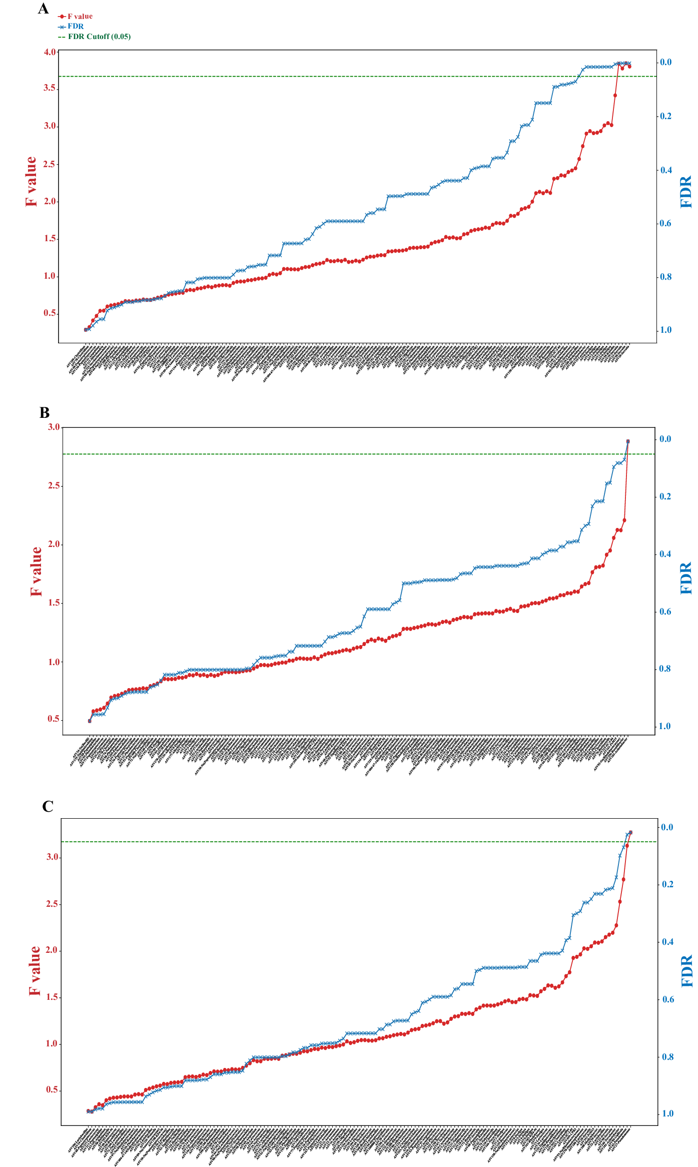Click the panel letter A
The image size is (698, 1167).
44,9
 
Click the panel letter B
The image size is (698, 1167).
45,413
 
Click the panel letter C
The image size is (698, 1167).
48,807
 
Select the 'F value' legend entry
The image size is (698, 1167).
80,17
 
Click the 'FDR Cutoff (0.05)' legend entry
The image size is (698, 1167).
99,37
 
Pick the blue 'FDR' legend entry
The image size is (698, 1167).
76,27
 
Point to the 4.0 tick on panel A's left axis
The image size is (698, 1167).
50,52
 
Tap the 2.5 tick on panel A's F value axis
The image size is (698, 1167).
50,164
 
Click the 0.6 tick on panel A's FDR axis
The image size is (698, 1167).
666,223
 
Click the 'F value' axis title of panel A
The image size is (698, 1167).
31,181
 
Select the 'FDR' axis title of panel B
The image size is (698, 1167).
686,578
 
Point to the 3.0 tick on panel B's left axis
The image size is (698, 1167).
54,427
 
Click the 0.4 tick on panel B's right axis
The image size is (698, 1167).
664,554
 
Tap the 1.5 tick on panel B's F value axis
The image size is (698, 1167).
54,603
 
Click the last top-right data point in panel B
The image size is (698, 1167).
628,441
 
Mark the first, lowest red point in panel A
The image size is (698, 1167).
86,330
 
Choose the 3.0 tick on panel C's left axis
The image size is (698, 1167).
53,857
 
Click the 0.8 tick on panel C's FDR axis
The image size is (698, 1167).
667,1057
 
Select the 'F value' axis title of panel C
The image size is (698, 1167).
35,971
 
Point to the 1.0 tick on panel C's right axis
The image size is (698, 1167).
667,1113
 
